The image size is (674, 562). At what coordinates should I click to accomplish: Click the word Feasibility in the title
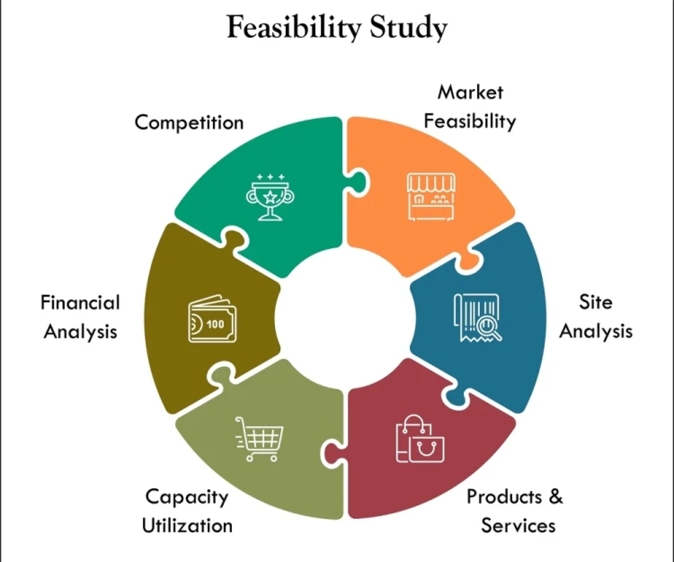(293, 27)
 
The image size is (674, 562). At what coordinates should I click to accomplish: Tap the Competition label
(189, 123)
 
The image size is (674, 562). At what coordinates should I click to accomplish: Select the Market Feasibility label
(470, 107)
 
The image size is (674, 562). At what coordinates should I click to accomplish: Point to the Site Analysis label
(596, 317)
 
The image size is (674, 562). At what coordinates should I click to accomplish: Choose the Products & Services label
(515, 511)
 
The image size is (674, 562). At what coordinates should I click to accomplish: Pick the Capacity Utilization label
(187, 511)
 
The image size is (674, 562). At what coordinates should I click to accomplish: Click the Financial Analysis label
(80, 317)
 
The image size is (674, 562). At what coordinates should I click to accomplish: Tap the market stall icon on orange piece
(431, 196)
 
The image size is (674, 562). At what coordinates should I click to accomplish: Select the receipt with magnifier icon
(478, 317)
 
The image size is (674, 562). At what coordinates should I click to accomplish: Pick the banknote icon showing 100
(212, 319)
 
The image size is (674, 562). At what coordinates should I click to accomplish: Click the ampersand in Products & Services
(556, 496)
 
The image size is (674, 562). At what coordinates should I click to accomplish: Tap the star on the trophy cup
(270, 196)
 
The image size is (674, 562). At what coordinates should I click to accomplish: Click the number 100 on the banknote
(215, 324)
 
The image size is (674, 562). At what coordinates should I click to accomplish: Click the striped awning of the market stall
(431, 183)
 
